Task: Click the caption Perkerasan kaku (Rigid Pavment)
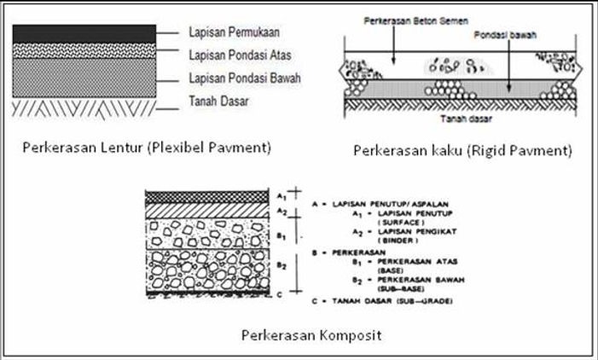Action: (x=462, y=150)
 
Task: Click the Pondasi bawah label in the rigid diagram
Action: (x=496, y=38)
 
